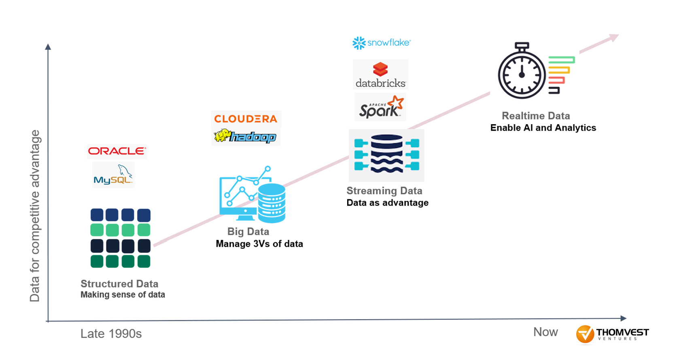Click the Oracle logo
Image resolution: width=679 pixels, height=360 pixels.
(117, 151)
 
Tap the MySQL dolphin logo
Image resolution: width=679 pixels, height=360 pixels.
(113, 175)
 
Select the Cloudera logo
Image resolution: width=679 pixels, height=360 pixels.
(246, 119)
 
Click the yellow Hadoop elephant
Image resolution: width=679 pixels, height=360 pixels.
(222, 136)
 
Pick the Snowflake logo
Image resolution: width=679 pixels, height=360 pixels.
(381, 43)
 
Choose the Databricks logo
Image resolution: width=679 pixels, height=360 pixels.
(380, 75)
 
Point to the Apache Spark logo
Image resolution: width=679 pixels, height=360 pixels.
(381, 108)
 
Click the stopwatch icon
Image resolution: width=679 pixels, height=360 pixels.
(522, 72)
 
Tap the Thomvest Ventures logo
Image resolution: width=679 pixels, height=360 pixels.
(612, 334)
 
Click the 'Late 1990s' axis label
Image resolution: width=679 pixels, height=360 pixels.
(111, 334)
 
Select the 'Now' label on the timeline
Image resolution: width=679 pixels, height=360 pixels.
(545, 332)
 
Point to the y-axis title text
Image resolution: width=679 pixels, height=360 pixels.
(35, 216)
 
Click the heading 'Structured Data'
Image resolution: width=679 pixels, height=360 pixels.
(119, 284)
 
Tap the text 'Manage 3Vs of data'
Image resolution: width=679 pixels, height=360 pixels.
(259, 244)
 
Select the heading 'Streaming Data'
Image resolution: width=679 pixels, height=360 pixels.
(384, 191)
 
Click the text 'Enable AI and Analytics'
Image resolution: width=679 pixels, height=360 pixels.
(543, 128)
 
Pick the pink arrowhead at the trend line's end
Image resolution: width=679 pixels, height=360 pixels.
(614, 38)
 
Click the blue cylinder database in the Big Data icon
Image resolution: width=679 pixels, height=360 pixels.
(272, 203)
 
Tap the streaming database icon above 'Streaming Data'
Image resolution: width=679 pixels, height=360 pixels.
(386, 155)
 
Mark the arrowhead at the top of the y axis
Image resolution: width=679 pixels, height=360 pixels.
(48, 47)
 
